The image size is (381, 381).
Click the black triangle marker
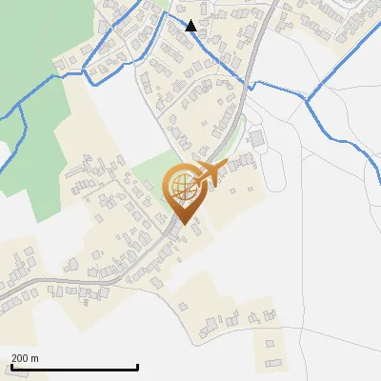[x=191, y=26]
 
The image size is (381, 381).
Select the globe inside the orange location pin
[x=181, y=186]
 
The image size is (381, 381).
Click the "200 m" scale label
[x=25, y=357]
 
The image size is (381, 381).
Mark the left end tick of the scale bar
[x=10, y=366]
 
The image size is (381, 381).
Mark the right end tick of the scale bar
[x=138, y=366]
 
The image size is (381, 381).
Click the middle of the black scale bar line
[x=74, y=368]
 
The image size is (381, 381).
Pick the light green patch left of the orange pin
[x=146, y=177]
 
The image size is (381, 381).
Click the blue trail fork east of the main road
[x=306, y=95]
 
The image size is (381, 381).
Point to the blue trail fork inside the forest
[x=24, y=110]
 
